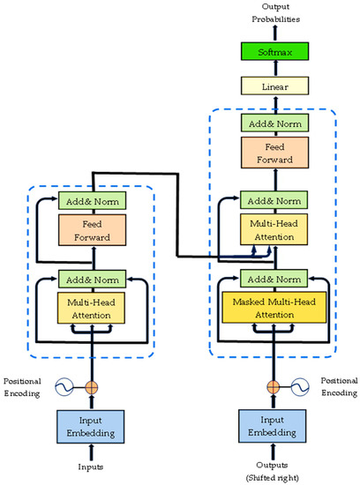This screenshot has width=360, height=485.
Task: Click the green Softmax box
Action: tap(274, 54)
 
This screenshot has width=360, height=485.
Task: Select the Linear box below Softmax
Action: tap(274, 87)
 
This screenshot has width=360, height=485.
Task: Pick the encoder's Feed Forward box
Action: tap(93, 231)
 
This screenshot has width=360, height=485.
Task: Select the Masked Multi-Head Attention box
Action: tap(274, 306)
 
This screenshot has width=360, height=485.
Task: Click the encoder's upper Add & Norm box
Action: tap(93, 201)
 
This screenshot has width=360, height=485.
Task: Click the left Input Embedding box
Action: tap(93, 426)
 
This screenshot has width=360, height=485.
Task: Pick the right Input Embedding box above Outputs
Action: tap(274, 426)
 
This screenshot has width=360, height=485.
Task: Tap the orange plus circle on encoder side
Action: tap(93, 385)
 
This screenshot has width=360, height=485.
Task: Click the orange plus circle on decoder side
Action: tap(274, 385)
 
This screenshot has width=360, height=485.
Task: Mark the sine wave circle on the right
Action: tap(301, 385)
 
